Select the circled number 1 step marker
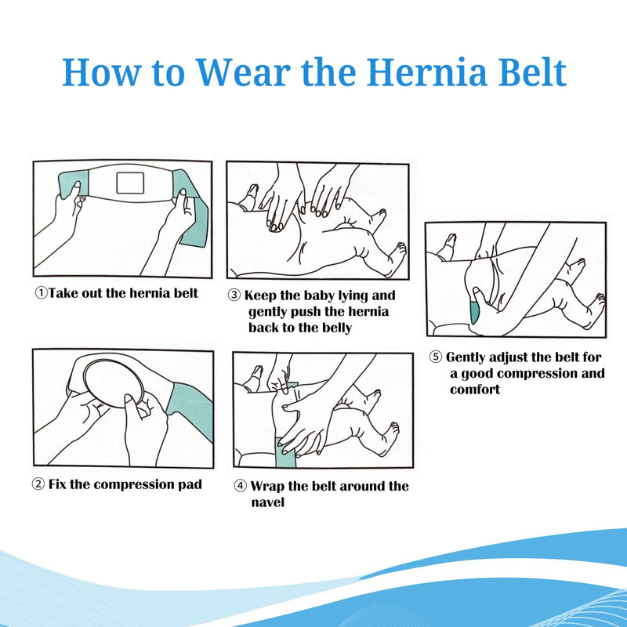40,294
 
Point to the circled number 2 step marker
38,484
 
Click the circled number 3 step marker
234,296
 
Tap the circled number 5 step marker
436,357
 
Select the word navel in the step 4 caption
268,502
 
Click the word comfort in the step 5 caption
475,389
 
